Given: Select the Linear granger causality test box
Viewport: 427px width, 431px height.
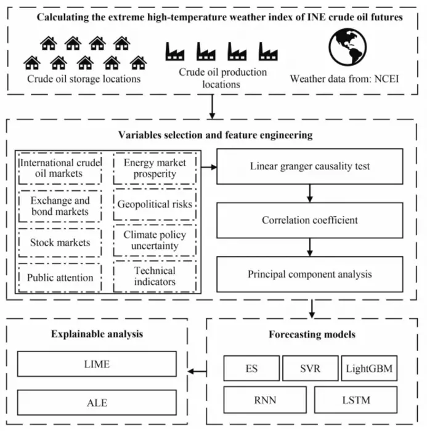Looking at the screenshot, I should click(x=310, y=166).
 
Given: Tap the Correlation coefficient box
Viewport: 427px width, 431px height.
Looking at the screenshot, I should click(x=310, y=220).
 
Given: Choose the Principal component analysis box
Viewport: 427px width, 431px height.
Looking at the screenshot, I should click(x=310, y=273).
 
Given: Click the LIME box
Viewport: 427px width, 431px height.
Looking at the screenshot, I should click(x=97, y=364).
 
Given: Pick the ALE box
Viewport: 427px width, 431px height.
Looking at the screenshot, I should click(x=97, y=403).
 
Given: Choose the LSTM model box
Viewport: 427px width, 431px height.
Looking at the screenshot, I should click(x=353, y=400).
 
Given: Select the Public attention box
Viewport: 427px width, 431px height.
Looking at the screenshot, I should click(x=60, y=277).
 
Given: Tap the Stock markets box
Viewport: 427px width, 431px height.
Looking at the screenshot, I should click(x=60, y=242).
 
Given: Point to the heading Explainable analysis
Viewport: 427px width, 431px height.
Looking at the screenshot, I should click(x=97, y=334).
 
